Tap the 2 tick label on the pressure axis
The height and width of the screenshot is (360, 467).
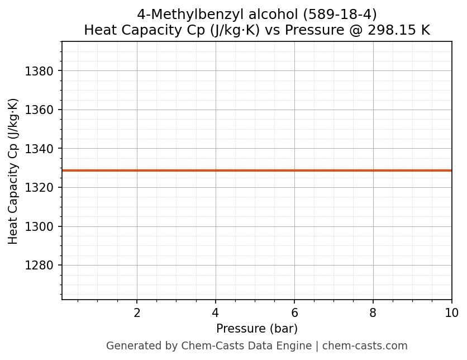tap(137, 313)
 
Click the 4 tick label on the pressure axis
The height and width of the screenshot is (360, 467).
tap(216, 313)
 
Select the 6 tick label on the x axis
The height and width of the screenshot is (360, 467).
tap(294, 313)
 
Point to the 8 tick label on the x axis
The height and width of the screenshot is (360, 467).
tap(373, 313)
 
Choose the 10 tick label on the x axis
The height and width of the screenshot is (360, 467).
tap(451, 313)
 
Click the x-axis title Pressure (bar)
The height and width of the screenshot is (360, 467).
tap(257, 329)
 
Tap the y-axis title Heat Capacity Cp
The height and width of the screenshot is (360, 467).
tap(13, 170)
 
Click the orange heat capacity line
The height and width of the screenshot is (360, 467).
tap(257, 170)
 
